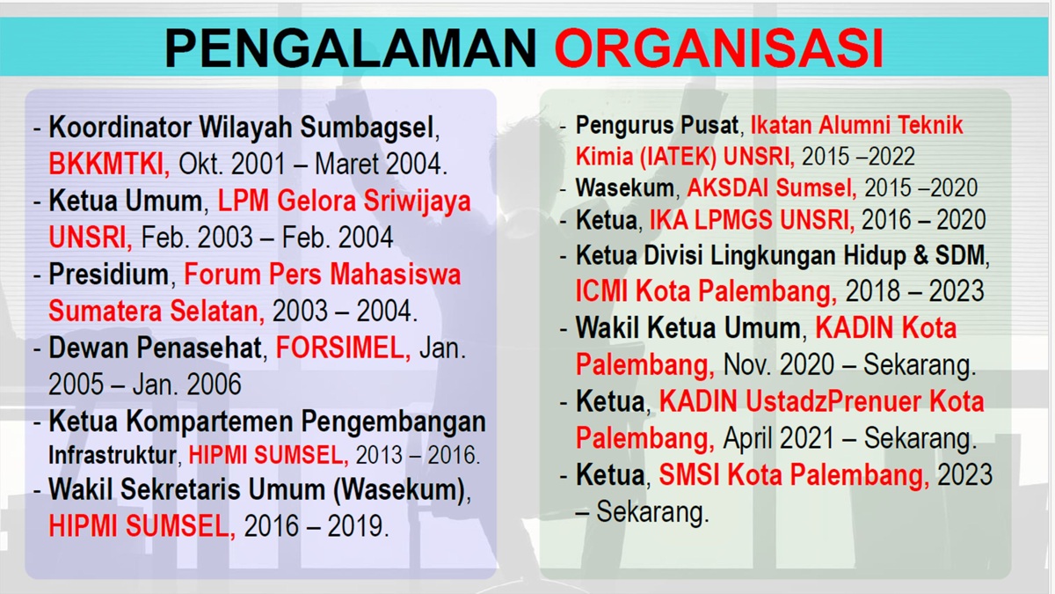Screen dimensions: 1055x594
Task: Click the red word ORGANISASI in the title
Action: point(719,48)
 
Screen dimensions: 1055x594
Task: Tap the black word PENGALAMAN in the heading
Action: point(351,48)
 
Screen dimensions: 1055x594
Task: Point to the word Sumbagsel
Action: point(367,128)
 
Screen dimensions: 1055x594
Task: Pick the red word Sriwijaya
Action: point(418,202)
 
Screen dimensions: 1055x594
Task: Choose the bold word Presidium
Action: point(108,274)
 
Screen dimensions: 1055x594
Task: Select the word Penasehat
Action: point(200,348)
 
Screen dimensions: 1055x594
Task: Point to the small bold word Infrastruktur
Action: point(113,455)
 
